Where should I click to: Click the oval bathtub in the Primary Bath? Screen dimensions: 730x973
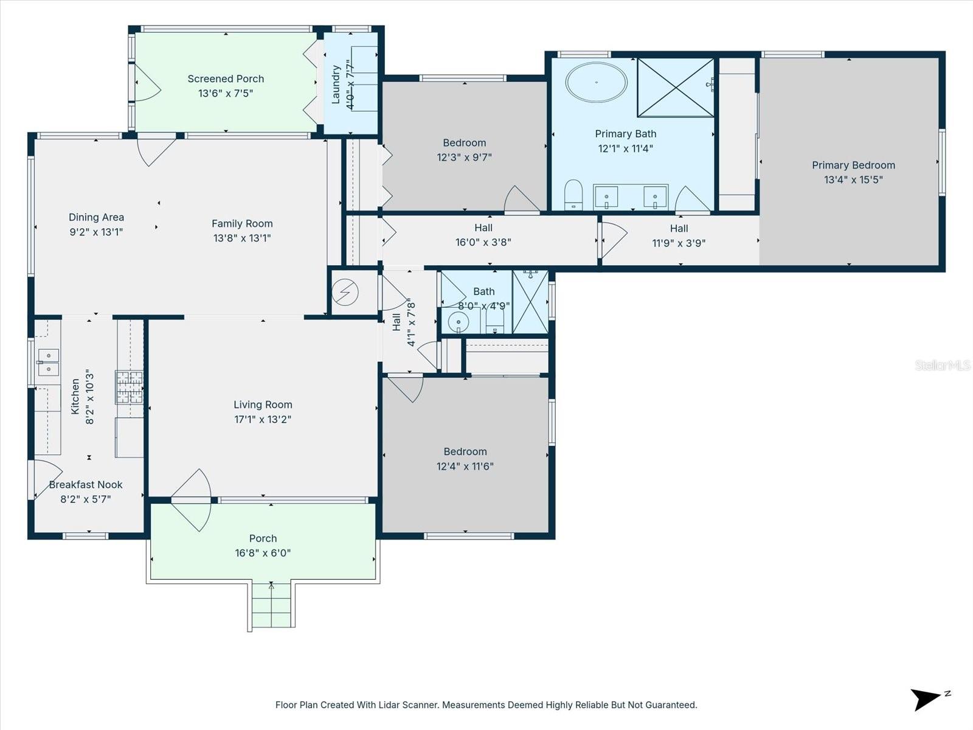tap(596, 82)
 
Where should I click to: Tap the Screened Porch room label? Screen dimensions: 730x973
tap(226, 78)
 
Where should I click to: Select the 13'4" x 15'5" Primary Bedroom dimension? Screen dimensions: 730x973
tap(853, 179)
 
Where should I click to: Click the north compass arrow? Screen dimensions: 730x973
tap(927, 698)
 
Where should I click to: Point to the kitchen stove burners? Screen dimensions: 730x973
tap(129, 388)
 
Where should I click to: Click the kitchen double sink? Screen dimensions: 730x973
tap(48, 362)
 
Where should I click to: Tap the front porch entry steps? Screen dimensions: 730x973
tap(271, 605)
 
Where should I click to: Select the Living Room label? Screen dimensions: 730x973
tap(263, 405)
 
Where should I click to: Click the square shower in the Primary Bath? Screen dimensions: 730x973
tap(675, 87)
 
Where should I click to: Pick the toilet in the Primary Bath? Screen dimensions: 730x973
tap(573, 194)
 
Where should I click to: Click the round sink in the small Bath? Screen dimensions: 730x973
tap(458, 321)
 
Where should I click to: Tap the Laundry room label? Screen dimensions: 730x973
tap(336, 85)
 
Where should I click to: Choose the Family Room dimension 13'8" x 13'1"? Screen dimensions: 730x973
tap(242, 238)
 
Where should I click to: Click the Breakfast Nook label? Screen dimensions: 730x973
tap(86, 485)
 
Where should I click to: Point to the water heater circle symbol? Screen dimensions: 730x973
tap(345, 293)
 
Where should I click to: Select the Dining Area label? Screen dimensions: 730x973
tap(96, 217)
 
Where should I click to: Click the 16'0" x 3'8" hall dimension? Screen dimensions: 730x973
tap(483, 242)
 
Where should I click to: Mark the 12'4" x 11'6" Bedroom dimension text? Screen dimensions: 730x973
tap(465, 467)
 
